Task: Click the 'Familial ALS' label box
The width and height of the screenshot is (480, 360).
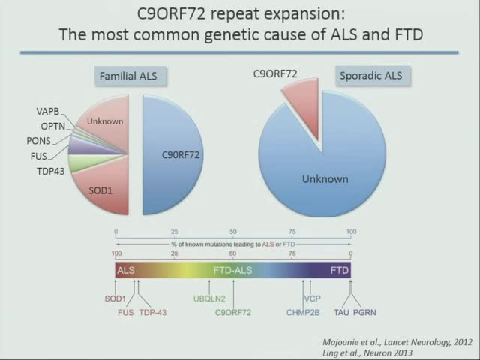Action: click(x=133, y=76)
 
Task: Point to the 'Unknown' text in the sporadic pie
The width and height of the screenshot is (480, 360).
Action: click(x=325, y=179)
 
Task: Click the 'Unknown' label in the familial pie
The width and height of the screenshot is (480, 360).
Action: click(x=105, y=121)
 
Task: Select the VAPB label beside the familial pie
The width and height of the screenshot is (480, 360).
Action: click(x=48, y=112)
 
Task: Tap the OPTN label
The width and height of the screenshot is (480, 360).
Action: click(x=54, y=126)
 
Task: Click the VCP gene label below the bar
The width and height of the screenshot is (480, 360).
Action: click(x=312, y=298)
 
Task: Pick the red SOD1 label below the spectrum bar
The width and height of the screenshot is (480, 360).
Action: click(x=115, y=298)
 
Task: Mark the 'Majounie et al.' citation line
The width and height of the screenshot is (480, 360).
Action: click(x=392, y=342)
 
